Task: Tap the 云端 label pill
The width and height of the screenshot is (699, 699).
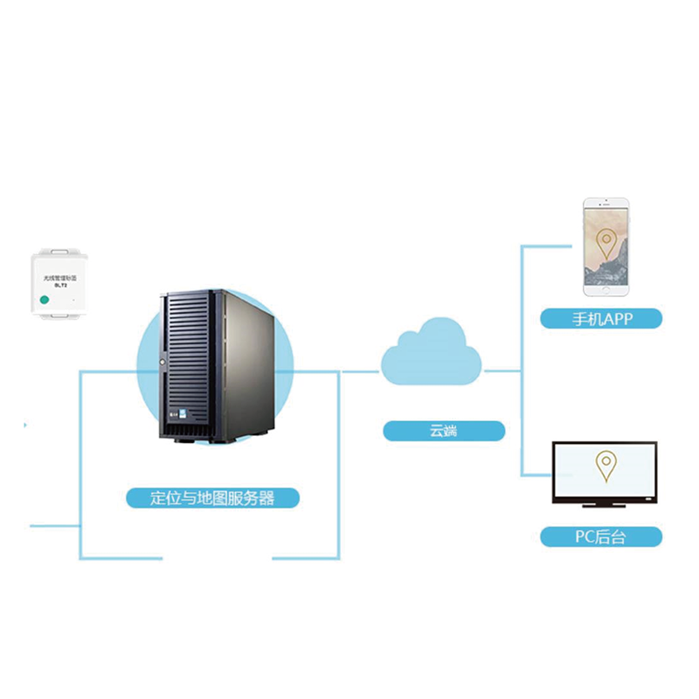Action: point(444,430)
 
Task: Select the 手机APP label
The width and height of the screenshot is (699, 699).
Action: point(601,318)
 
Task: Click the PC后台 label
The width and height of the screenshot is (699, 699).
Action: point(601,536)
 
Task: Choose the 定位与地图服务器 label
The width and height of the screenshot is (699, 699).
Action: point(213,498)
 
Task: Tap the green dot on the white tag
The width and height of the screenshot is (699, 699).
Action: point(44,300)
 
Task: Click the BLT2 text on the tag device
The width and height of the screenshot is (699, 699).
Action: point(60,284)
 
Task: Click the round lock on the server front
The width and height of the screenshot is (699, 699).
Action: point(163,360)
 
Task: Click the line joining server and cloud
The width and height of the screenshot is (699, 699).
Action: point(358,371)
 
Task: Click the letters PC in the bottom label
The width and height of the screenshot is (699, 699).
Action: point(584,536)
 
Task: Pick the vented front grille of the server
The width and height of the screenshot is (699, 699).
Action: point(188,349)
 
